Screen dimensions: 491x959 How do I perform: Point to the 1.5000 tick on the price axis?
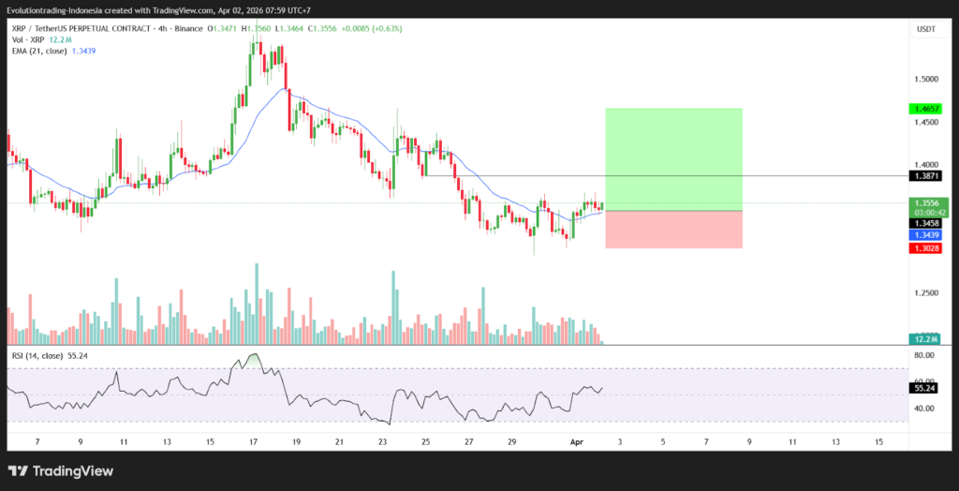(x=926, y=79)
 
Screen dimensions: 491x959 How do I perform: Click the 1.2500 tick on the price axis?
(x=926, y=293)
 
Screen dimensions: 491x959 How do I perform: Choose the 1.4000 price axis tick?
(x=926, y=165)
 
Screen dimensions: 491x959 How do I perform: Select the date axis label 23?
(x=382, y=440)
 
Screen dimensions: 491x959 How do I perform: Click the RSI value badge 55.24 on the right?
(x=922, y=387)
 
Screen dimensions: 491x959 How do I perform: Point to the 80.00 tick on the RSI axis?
(x=924, y=356)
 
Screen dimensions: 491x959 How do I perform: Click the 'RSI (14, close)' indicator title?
(x=37, y=356)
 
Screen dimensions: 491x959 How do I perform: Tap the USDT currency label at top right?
(x=924, y=29)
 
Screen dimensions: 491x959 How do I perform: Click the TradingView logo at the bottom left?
(x=61, y=471)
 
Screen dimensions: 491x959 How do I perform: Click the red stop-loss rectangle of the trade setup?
(x=673, y=230)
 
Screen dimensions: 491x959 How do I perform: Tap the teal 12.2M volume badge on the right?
(x=924, y=339)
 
